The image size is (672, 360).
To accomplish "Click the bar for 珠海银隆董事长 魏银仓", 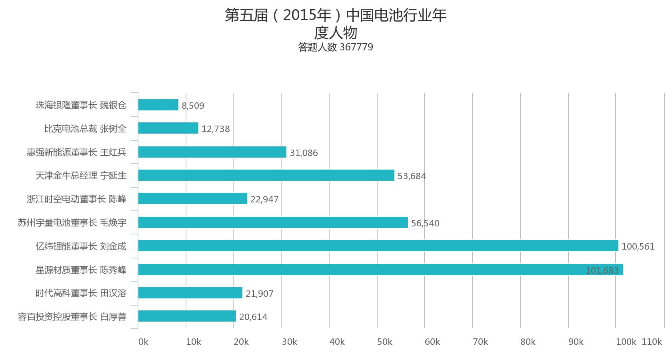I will (158, 105).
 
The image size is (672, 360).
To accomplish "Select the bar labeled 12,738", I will (168, 128).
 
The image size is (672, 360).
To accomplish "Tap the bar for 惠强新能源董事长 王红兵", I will (212, 152).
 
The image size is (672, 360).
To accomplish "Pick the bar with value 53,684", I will (266, 175).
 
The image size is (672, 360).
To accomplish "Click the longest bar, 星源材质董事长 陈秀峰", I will (380, 270).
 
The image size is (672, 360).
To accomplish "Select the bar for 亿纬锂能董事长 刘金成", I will (378, 246).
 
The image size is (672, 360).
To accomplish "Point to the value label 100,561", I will (638, 246).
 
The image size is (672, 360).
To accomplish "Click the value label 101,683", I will (602, 270).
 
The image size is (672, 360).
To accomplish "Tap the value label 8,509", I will (193, 106).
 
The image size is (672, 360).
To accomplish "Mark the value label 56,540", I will (425, 223).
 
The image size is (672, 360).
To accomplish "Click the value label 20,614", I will (253, 317).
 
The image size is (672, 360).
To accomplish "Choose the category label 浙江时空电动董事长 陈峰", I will (76, 199).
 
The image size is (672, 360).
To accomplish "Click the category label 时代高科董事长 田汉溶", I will (81, 293).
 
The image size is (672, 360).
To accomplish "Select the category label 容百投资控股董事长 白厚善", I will (72, 317).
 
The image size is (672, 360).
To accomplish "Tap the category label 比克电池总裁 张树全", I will (85, 128).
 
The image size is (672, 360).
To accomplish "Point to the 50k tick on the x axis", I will (384, 342).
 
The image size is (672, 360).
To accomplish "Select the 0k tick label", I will (143, 342).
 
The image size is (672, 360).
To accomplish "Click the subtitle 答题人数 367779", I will (335, 47).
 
